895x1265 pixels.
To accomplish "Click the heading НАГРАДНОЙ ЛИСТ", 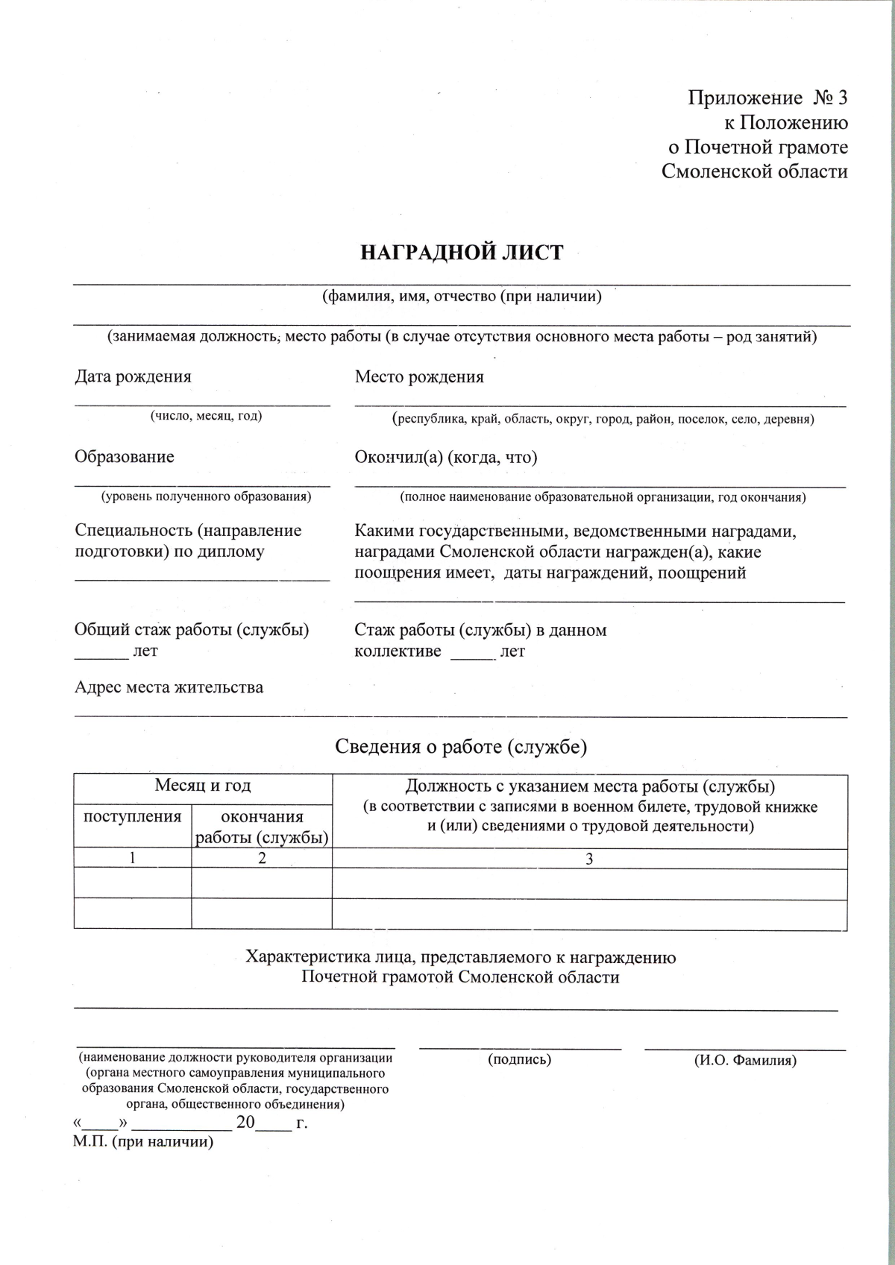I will click(462, 253).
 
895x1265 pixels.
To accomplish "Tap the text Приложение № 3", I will click(768, 98).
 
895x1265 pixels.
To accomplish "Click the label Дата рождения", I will click(133, 376).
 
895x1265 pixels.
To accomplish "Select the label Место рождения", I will click(419, 376).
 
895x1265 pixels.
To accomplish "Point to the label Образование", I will click(124, 456).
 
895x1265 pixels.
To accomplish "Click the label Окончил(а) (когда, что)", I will click(446, 456).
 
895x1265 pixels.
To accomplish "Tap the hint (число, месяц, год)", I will click(206, 416).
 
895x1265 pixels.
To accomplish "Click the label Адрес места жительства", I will click(169, 687).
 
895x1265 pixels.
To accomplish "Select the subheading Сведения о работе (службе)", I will click(461, 746).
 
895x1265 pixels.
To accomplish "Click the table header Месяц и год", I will click(203, 785).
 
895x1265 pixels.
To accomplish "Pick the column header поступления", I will click(133, 816).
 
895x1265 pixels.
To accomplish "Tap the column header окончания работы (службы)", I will click(262, 827).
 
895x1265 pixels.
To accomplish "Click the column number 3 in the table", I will click(589, 859).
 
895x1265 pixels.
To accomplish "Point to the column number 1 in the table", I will click(133, 858).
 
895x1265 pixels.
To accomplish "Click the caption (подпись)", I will click(520, 1059).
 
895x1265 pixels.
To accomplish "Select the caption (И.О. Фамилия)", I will click(745, 1059).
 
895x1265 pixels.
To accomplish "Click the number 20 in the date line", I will click(245, 1122).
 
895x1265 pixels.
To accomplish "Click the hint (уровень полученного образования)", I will click(206, 496).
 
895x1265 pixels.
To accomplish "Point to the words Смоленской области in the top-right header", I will click(755, 171).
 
